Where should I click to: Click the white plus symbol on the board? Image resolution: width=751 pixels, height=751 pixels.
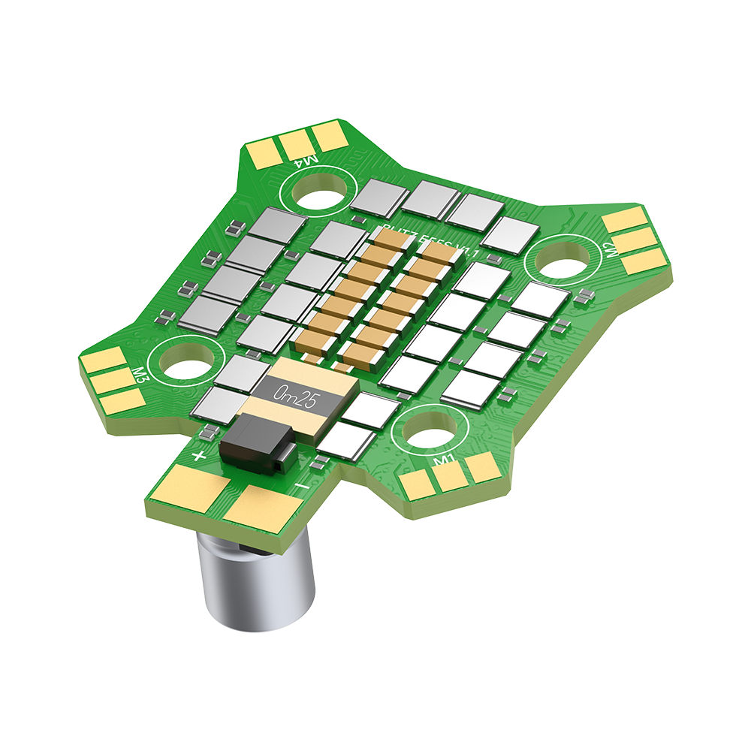point(199,456)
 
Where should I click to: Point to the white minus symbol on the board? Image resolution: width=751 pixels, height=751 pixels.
point(301,487)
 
